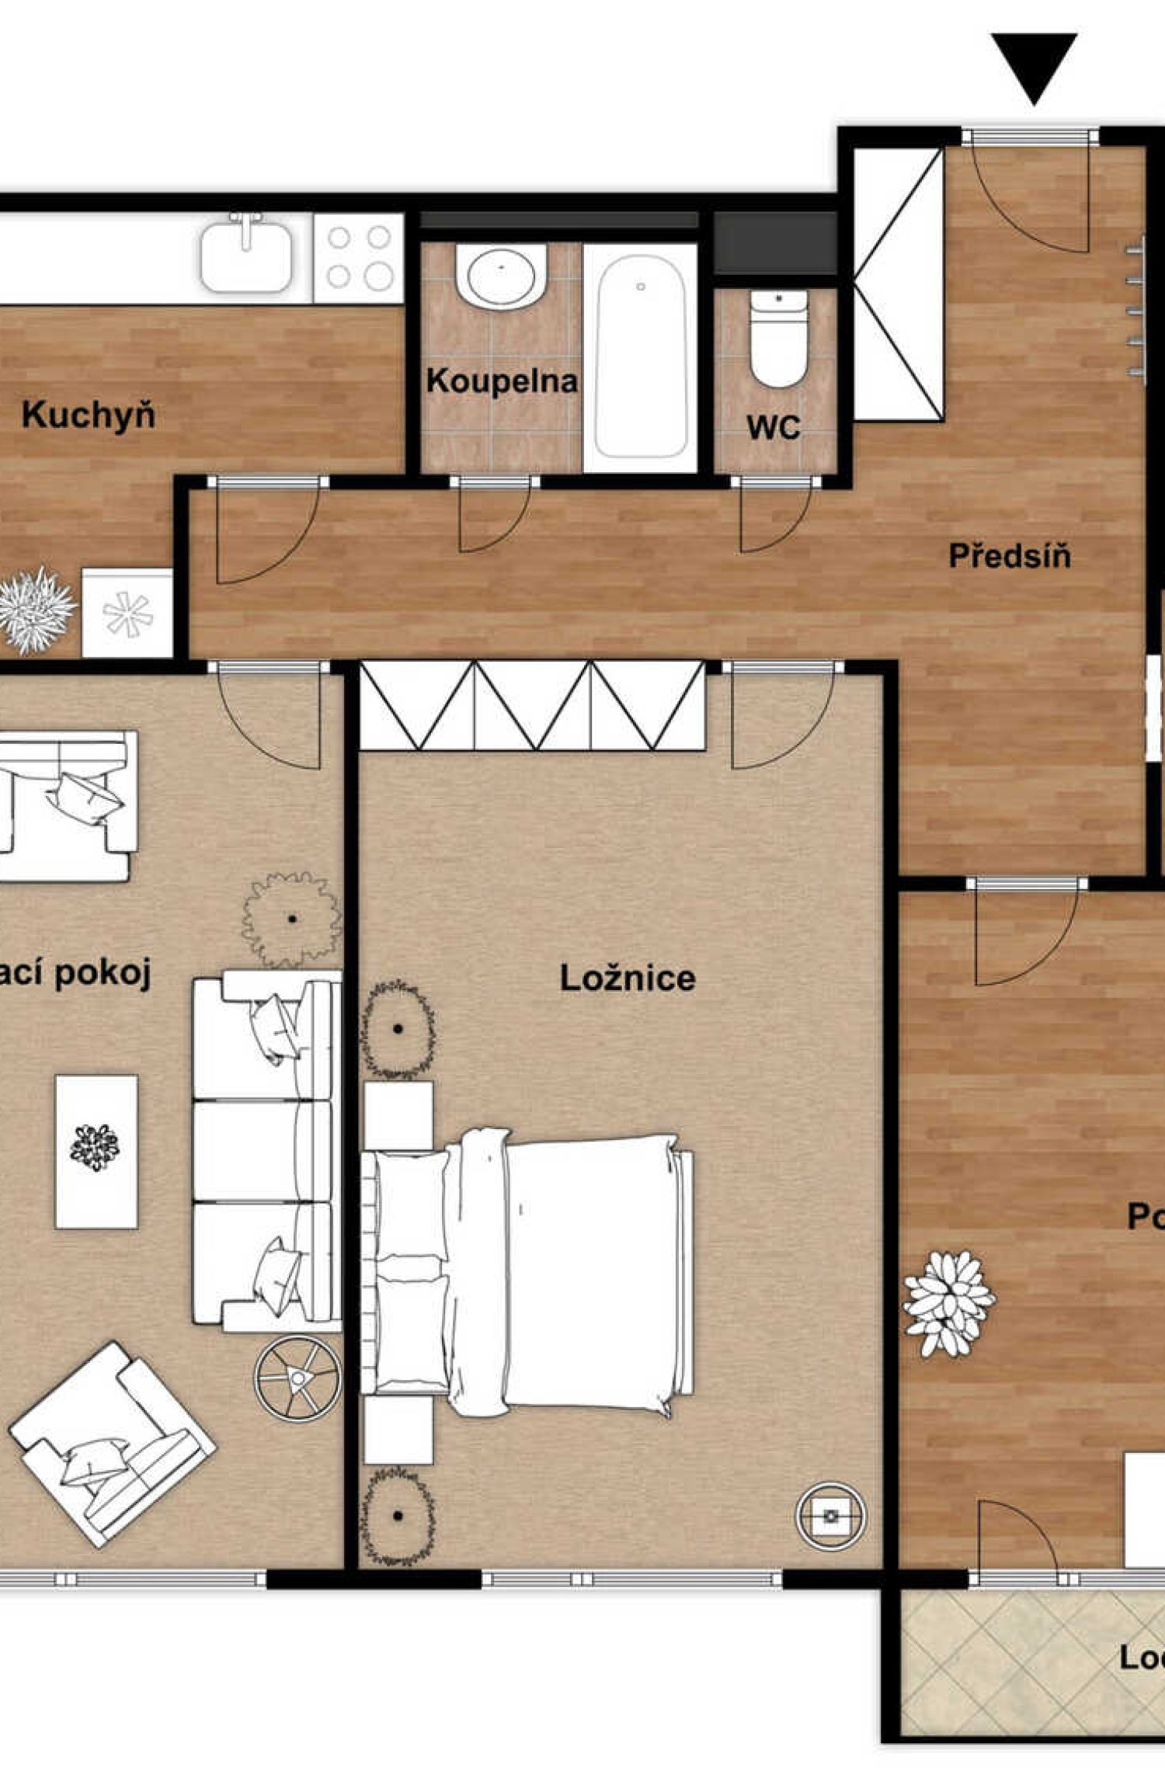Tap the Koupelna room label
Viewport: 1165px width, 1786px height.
pyautogui.click(x=502, y=381)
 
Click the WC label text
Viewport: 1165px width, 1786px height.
pyautogui.click(x=774, y=427)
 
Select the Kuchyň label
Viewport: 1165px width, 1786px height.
pyautogui.click(x=88, y=415)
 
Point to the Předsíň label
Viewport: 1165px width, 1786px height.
pyautogui.click(x=1010, y=556)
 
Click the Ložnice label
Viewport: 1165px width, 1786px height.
pyautogui.click(x=628, y=978)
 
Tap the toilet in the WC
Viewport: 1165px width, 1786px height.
pyautogui.click(x=778, y=339)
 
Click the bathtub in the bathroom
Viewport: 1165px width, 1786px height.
pyautogui.click(x=640, y=357)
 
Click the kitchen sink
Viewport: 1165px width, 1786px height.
pyautogui.click(x=247, y=254)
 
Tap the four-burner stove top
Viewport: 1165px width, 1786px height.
pyautogui.click(x=359, y=257)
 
